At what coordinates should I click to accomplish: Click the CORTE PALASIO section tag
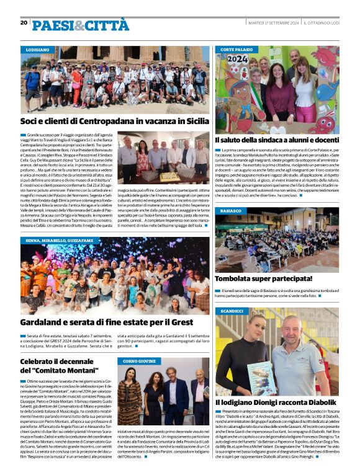tap(236, 48)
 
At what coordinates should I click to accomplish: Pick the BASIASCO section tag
tap(231, 211)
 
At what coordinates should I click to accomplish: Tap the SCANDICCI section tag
tap(232, 310)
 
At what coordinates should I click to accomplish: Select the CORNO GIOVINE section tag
tap(138, 360)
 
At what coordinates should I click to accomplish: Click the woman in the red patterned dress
tap(131, 397)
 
